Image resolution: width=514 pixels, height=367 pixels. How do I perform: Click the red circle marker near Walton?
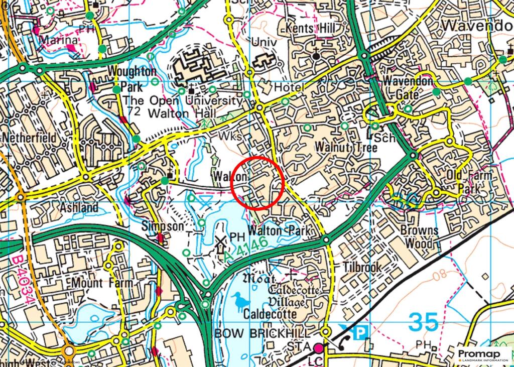258,183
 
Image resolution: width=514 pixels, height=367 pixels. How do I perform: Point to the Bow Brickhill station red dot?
319,347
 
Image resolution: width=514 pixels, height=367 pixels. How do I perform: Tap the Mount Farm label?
102,283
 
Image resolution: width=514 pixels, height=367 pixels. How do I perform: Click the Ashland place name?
79,207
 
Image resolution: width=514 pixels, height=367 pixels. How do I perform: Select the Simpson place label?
163,226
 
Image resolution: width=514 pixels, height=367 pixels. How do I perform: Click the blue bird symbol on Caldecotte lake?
242,302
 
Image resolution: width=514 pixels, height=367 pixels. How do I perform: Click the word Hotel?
290,88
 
